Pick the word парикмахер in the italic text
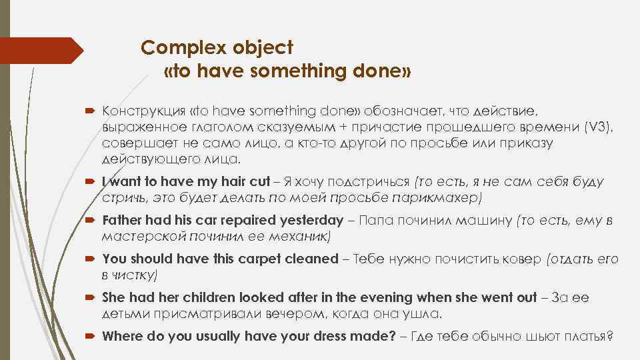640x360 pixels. (445, 198)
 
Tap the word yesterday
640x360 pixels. (307, 221)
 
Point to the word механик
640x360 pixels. (297, 236)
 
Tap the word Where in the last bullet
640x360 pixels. (122, 337)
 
